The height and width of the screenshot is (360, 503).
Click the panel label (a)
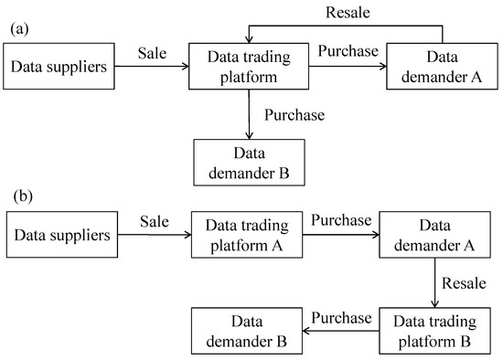click(x=19, y=30)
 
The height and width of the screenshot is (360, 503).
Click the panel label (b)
click(x=19, y=196)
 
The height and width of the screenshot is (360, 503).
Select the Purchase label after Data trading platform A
click(x=341, y=221)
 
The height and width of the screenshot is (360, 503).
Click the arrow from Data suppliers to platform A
click(x=153, y=235)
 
